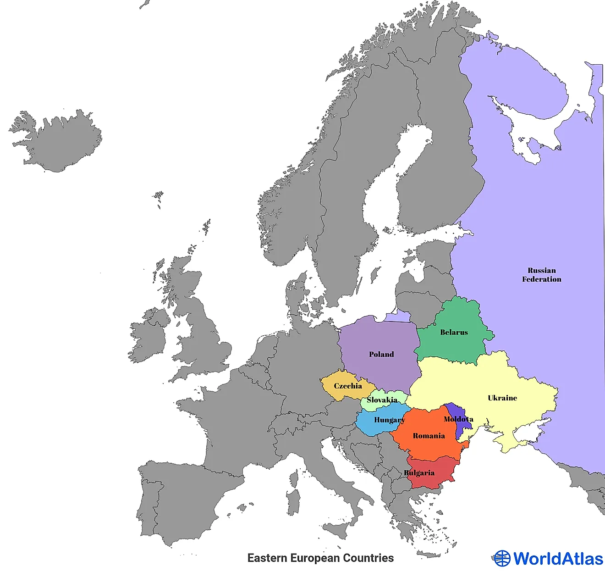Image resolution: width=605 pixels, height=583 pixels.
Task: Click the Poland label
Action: [x=381, y=354]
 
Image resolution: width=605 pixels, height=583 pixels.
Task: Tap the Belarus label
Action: [x=454, y=332]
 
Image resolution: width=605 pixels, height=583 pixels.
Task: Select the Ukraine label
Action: [x=502, y=398]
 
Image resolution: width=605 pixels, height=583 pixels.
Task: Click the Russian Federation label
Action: [x=541, y=275]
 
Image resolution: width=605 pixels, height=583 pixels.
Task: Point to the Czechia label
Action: [x=348, y=386]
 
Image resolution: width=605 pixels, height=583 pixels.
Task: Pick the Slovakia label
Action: [x=382, y=400]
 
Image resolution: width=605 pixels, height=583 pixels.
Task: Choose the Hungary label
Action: [x=389, y=420]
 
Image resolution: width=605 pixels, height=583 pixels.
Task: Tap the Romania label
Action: [x=429, y=436]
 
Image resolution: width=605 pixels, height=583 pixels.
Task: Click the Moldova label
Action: [x=458, y=419]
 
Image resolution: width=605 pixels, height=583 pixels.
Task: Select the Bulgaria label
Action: [x=419, y=473]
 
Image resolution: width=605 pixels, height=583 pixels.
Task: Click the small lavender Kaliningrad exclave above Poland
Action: [x=397, y=316]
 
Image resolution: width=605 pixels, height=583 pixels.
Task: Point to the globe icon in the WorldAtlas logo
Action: [x=502, y=558]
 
